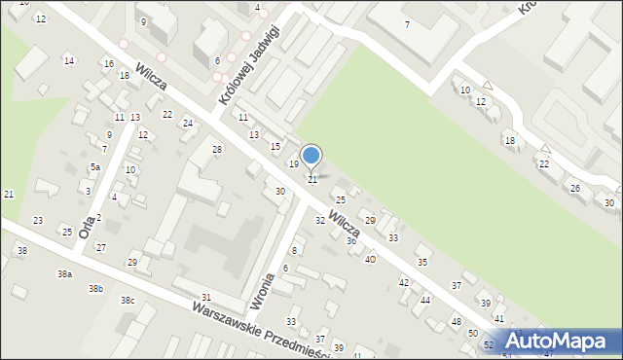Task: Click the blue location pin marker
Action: (x=311, y=157)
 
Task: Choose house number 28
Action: (x=217, y=149)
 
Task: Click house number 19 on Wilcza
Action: (x=293, y=164)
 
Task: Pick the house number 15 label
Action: (x=275, y=146)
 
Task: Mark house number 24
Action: (x=188, y=124)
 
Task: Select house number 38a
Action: (x=64, y=274)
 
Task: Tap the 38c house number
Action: (x=128, y=301)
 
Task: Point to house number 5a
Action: (x=95, y=167)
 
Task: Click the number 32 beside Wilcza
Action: (x=319, y=221)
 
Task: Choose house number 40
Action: (x=370, y=259)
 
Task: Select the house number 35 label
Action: (x=421, y=262)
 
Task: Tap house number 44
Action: (x=425, y=301)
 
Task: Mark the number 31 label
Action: (x=205, y=297)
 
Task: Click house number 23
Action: (x=38, y=221)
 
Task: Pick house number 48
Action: (x=456, y=321)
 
